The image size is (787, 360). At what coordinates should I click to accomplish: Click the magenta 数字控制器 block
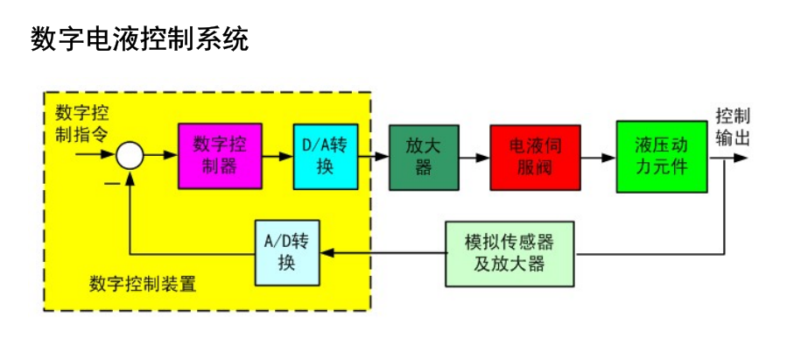[219, 156]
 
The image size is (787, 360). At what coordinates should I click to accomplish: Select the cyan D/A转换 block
[325, 156]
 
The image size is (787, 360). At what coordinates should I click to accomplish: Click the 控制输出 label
[732, 127]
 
